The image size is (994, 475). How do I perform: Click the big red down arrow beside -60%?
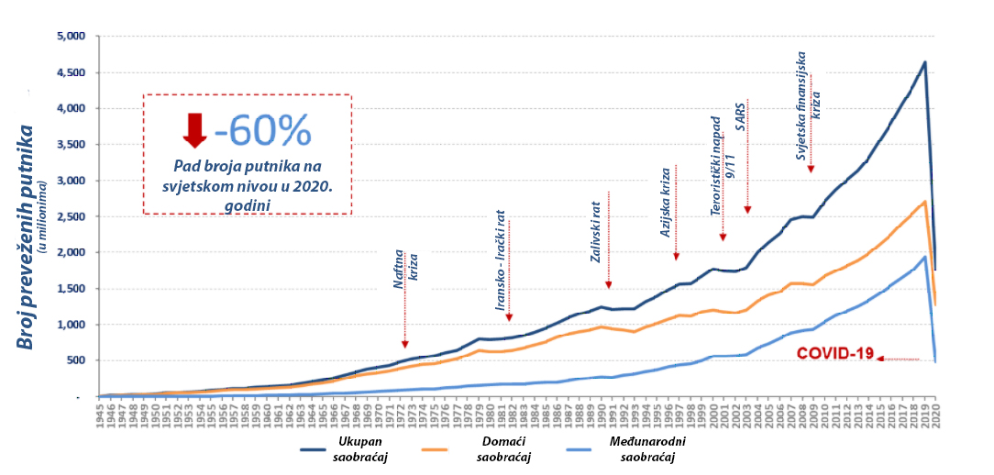tap(195, 130)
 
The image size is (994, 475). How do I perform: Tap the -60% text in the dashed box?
tap(263, 132)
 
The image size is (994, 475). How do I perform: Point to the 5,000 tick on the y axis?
tap(70, 37)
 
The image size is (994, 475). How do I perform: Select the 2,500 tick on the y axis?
tap(70, 216)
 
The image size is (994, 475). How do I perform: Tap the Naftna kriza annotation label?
tap(405, 273)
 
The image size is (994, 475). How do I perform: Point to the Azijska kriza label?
tap(667, 203)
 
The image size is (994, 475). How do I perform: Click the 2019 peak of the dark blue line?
tap(924, 62)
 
